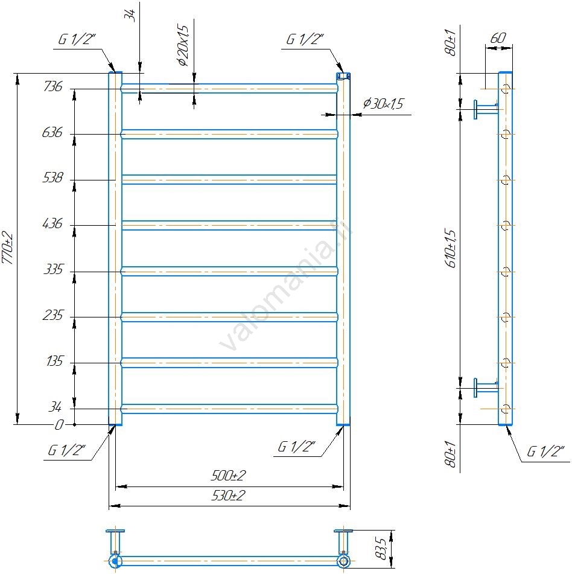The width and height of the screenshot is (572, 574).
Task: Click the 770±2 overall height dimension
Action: pos(8,248)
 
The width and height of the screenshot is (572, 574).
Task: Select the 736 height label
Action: pos(53,86)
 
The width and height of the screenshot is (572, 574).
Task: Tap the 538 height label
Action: pos(53,177)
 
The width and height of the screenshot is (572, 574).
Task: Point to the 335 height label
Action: pos(54,269)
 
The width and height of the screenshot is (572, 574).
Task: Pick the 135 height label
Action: pos(55,361)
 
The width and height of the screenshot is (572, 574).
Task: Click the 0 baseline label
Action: pos(59,425)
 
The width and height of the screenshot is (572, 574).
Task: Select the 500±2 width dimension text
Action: pos(228,476)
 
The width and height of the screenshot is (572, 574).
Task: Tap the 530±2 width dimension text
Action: pos(228,496)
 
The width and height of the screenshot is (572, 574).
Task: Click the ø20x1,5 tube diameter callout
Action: pos(183,45)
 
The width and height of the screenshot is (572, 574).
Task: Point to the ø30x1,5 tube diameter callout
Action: pos(383,104)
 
